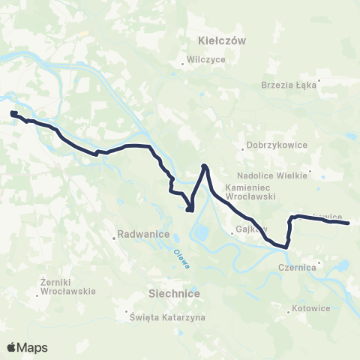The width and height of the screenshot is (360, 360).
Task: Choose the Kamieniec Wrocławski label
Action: click(251, 191)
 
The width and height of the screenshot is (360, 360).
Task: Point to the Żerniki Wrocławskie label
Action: click(66, 286)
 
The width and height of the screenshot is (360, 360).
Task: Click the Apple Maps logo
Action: click(27, 347)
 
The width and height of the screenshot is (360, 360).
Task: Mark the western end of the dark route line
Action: click(13, 113)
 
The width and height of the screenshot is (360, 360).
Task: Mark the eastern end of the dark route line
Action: click(349, 223)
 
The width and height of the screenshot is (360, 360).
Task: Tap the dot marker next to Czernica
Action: click(319, 263)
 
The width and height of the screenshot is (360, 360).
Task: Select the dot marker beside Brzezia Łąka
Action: click(319, 80)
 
